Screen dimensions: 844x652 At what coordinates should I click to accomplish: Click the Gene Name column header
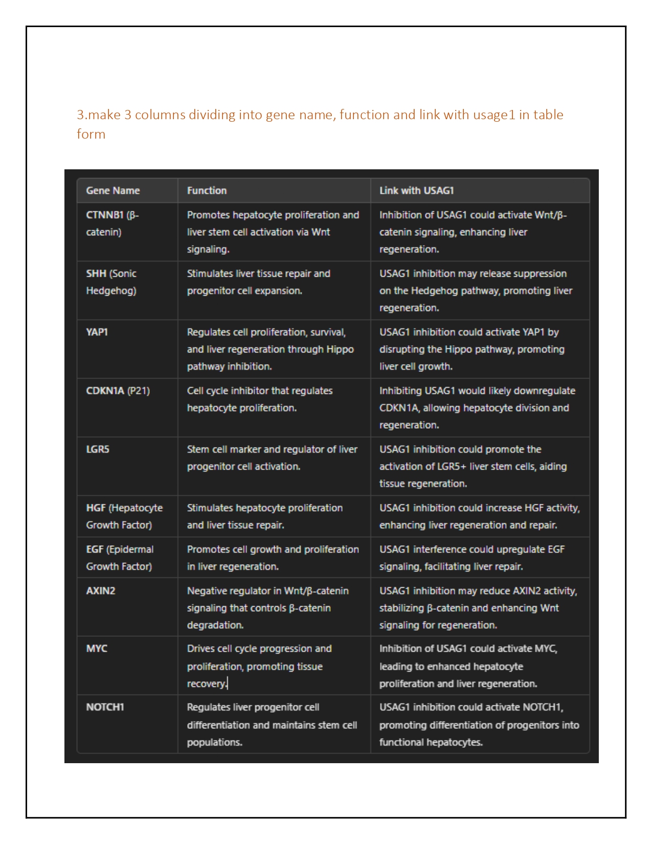[x=113, y=191]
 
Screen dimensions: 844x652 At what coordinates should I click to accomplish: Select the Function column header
[x=207, y=191]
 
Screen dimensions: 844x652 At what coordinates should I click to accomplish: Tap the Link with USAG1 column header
[x=416, y=191]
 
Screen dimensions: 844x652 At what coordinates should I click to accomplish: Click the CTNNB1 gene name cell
[x=113, y=224]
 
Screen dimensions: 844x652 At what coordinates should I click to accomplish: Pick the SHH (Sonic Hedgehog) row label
[x=111, y=282]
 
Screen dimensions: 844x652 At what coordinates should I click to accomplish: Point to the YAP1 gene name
[x=97, y=332]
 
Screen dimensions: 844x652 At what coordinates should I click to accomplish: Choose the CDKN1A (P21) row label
[x=118, y=391]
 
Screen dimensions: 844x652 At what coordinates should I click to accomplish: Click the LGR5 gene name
[x=98, y=449]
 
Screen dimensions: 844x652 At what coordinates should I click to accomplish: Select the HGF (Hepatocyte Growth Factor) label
[x=124, y=516]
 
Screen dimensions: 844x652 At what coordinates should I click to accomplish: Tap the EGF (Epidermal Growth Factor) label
[x=120, y=558]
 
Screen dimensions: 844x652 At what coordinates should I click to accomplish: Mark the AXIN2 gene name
[x=101, y=591]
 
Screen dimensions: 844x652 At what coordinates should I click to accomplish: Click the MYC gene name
[x=97, y=649]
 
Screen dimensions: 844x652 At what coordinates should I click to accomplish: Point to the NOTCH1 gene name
[x=105, y=707]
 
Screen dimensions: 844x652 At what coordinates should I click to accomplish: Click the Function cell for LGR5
[x=272, y=458]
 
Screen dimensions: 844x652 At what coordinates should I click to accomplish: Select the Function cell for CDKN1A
[x=259, y=399]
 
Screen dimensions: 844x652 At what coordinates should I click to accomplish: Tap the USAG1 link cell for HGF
[x=479, y=516]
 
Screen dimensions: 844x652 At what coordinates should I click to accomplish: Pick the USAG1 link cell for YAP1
[x=471, y=349]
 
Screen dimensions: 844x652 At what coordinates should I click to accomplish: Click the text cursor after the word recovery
[x=228, y=683]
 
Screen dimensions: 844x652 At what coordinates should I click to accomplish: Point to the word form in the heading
[x=91, y=134]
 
